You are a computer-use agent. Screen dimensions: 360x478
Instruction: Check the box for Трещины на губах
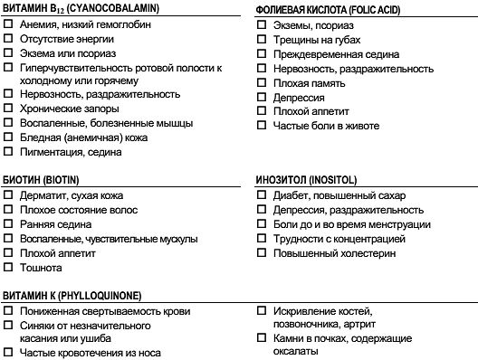[x=262, y=40]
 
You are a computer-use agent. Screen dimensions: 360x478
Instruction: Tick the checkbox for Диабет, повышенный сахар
[x=262, y=195]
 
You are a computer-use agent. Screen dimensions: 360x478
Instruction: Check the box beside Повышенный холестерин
[x=262, y=253]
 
